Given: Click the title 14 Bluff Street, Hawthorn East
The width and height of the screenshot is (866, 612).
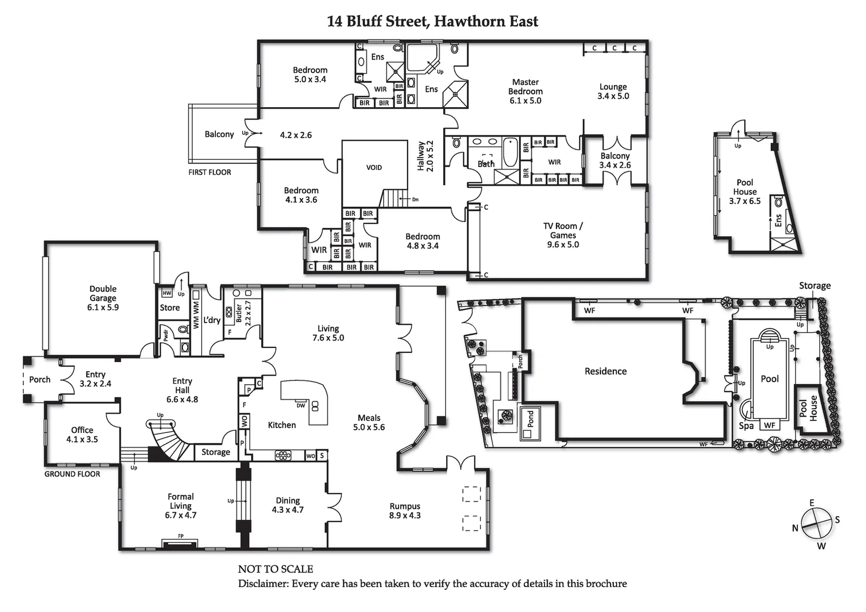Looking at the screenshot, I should pos(432,22).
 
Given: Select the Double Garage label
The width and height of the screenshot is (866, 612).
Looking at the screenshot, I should pos(103,298).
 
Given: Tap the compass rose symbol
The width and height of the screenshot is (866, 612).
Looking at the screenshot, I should pos(817,525).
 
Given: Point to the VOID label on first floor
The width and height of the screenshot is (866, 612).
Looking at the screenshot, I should pos(374,168).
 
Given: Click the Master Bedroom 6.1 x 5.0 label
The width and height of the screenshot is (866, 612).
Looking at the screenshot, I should pos(525,91).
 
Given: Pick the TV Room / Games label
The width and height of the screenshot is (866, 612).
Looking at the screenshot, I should pos(563,235).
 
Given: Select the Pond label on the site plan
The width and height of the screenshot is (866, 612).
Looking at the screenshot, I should pos(530,419).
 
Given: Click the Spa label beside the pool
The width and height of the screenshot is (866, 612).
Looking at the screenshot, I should pos(746,426).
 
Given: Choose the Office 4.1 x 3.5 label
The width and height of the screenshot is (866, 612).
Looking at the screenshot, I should pos(82,435).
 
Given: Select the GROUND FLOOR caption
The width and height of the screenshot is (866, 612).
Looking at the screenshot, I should pos(72,474).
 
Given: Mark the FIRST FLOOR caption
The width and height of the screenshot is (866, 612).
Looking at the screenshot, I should pos(210,172).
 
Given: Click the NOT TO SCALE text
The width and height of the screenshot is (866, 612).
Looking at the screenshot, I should pos(275,569).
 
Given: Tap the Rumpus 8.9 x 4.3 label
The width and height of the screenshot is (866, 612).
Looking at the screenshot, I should pos(405,511).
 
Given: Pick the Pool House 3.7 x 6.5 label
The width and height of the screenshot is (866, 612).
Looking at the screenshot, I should pos(745,192).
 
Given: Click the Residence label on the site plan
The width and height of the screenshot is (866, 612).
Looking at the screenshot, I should pos(605,371).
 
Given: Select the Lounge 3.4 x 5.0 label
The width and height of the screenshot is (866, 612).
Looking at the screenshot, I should pos(613,91).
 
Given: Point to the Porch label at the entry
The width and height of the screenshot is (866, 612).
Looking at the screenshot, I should pos(40,380).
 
